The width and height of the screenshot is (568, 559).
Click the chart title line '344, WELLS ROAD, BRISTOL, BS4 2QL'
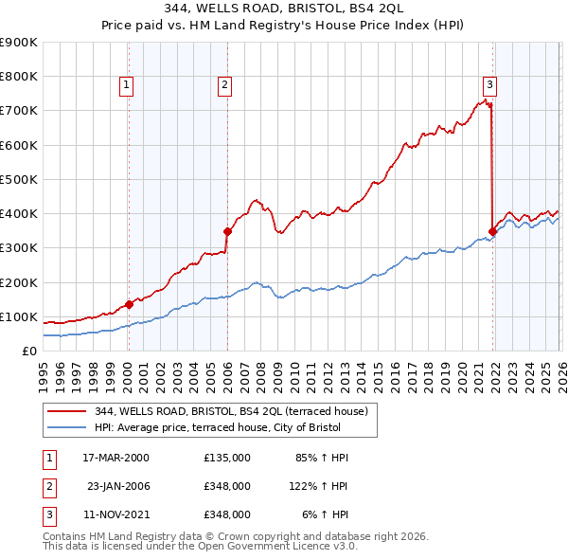[x=283, y=9]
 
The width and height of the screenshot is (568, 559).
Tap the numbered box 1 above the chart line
[x=127, y=85]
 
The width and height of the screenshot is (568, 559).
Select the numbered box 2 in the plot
[x=224, y=85]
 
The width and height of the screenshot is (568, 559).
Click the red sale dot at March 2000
[x=129, y=304]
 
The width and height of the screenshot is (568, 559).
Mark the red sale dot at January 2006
[x=227, y=230]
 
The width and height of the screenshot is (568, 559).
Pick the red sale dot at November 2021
[x=492, y=230]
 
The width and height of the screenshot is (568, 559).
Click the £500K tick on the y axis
[x=19, y=179]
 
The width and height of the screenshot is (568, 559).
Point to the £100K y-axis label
[x=19, y=316]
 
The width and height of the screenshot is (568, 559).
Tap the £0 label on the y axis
[x=29, y=351]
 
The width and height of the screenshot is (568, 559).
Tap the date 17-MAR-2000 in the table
[x=115, y=457]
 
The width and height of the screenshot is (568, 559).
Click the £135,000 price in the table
[x=227, y=457]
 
